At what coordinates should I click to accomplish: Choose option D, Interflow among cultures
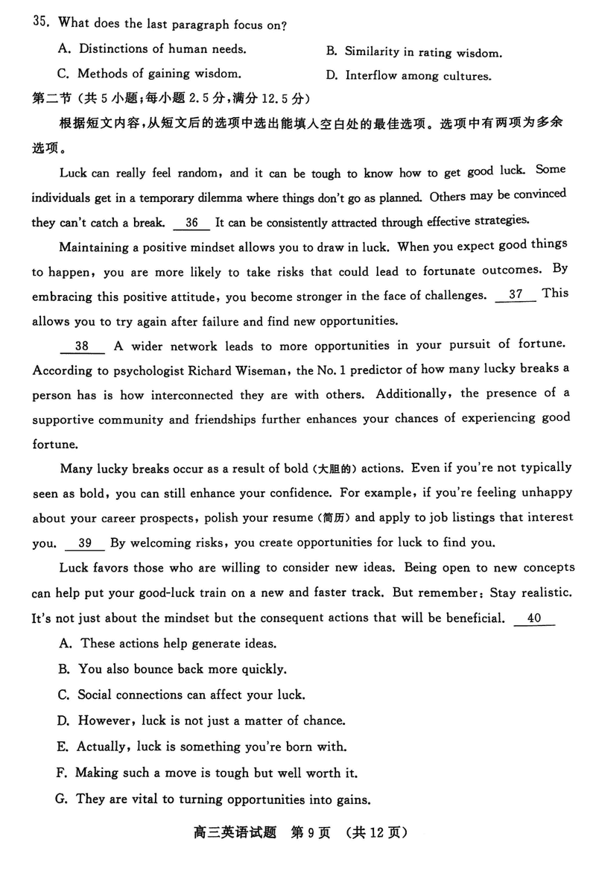[408, 76]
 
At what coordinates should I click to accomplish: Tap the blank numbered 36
[191, 222]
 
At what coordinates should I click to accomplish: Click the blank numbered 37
[515, 294]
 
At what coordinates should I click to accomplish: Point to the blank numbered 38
[82, 346]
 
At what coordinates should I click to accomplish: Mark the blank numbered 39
[85, 543]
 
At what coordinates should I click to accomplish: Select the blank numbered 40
[533, 618]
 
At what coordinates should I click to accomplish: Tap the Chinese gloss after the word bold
[337, 469]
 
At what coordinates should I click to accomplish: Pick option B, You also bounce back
[171, 669]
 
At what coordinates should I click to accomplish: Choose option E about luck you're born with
[202, 747]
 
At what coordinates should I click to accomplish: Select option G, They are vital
[213, 800]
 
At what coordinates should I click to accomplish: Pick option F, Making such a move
[207, 773]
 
